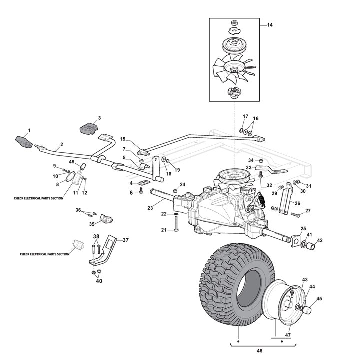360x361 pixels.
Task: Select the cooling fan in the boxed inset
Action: [x=232, y=67]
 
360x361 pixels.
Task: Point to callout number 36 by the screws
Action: [x=78, y=210]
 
